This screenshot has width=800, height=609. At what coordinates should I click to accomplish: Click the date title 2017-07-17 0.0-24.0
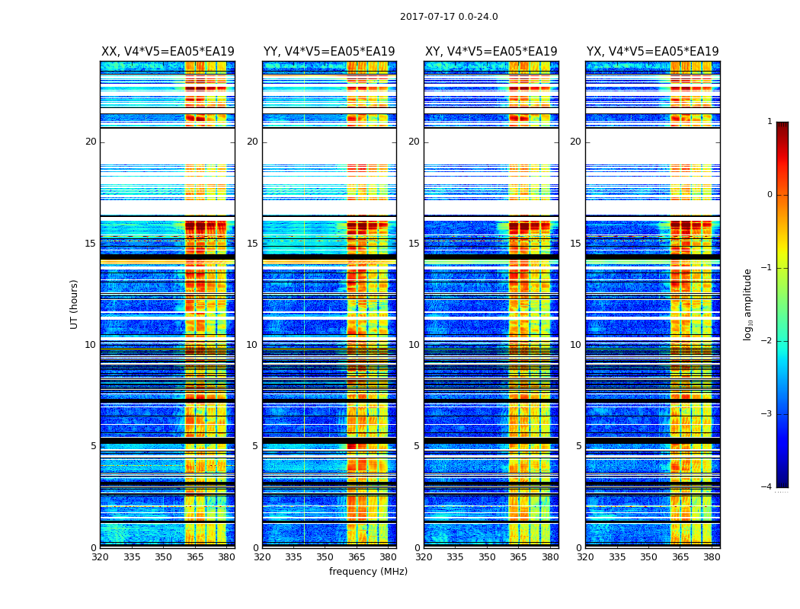(x=449, y=17)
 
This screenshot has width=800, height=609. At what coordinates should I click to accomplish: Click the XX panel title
(x=168, y=52)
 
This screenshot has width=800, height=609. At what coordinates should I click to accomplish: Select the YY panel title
(x=329, y=52)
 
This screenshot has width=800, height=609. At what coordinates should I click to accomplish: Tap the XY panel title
(x=491, y=52)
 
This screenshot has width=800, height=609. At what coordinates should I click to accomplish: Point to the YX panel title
(x=653, y=52)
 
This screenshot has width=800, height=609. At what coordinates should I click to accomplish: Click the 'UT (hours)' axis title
(x=75, y=304)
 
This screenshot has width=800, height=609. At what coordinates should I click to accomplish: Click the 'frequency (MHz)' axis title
(x=368, y=572)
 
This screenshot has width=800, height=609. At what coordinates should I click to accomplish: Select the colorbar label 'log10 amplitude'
(x=748, y=304)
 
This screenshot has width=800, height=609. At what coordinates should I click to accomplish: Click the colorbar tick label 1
(x=769, y=122)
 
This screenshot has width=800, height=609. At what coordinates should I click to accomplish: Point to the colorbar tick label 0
(x=769, y=195)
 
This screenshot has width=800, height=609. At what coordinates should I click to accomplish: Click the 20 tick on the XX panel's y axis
(x=91, y=142)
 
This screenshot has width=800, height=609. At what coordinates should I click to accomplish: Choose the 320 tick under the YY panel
(x=262, y=557)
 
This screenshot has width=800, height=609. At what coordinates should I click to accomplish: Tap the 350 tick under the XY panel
(x=487, y=557)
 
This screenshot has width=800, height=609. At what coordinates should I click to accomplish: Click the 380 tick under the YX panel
(x=712, y=557)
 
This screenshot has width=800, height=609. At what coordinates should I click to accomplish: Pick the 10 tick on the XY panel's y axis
(x=414, y=345)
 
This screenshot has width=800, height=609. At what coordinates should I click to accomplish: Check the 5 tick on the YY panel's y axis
(x=255, y=446)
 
